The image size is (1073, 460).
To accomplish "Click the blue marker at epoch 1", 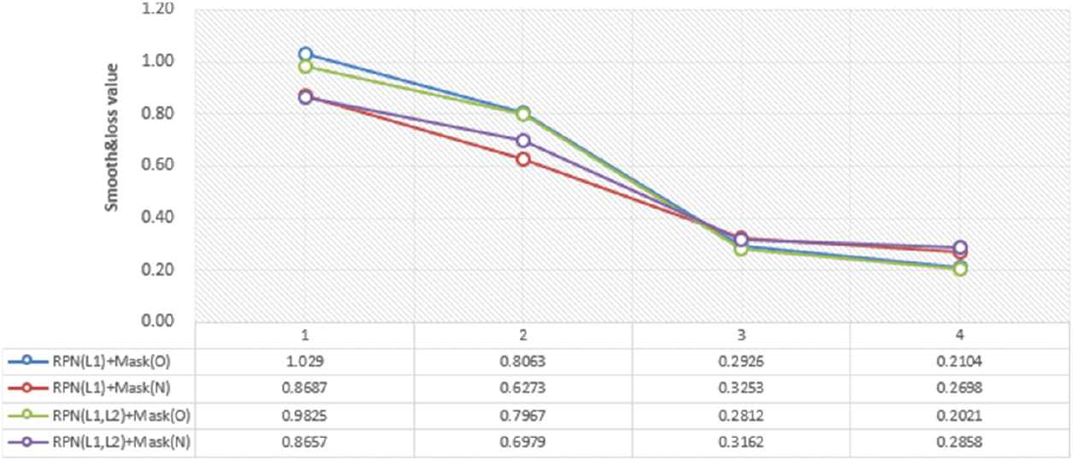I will click(305, 55).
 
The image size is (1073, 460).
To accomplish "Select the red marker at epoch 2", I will click(523, 159).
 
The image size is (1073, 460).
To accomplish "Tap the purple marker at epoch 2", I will click(523, 140).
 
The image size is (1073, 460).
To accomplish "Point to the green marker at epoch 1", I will click(305, 67).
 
